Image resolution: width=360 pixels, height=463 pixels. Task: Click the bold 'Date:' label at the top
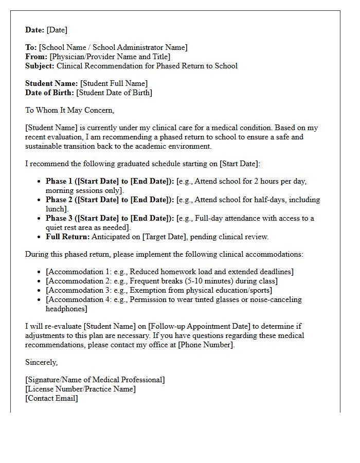click(35, 30)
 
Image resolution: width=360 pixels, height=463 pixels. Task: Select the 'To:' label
click(31, 47)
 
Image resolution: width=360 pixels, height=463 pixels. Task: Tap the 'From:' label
click(36, 57)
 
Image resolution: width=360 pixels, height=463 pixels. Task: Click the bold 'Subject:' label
click(40, 66)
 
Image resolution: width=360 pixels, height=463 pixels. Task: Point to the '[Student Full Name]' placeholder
click(114, 83)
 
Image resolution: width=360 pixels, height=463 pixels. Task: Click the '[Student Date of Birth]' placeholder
click(114, 93)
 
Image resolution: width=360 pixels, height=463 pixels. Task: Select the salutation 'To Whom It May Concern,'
click(69, 110)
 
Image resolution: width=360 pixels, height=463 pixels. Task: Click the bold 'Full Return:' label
click(67, 237)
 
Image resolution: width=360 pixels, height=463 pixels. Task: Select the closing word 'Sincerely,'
click(41, 362)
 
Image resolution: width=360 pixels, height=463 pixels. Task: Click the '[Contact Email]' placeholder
click(51, 398)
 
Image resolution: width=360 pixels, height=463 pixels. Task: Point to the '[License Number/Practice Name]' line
click(80, 389)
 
